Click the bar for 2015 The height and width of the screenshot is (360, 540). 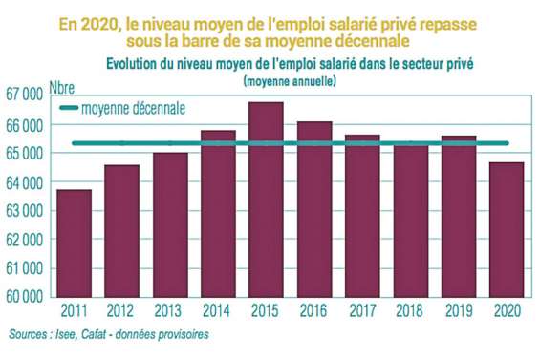[267, 200]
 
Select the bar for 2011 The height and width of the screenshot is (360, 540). [74, 243]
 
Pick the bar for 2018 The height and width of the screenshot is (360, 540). [411, 221]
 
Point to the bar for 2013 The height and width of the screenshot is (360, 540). [170, 224]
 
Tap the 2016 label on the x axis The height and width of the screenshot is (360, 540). [314, 310]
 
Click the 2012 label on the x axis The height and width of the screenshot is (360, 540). [121, 310]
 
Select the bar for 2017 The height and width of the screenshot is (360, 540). [363, 216]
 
